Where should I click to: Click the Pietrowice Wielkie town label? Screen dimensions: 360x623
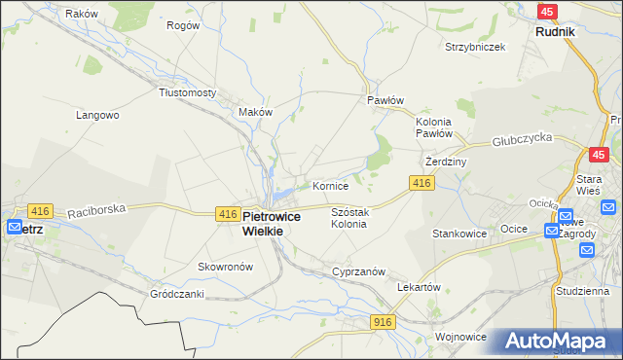[x=275, y=224]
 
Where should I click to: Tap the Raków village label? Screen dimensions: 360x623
[x=81, y=14]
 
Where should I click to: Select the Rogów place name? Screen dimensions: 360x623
[x=183, y=25]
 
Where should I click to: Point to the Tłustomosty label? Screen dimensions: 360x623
[x=187, y=92]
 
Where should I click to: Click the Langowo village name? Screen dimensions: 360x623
[x=97, y=115]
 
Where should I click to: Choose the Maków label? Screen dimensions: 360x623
[x=255, y=112]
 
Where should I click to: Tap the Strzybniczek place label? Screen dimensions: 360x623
[x=474, y=47]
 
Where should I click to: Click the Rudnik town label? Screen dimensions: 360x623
[x=555, y=31]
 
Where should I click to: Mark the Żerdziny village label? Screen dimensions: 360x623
[x=448, y=162]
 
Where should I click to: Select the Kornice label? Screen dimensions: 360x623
[x=330, y=185]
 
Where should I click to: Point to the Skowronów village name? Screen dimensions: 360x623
[x=226, y=267]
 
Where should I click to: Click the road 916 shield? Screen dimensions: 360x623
[x=383, y=321]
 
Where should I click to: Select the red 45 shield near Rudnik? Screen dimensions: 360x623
[x=547, y=11]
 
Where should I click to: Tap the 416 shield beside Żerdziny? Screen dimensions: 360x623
[x=421, y=183]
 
